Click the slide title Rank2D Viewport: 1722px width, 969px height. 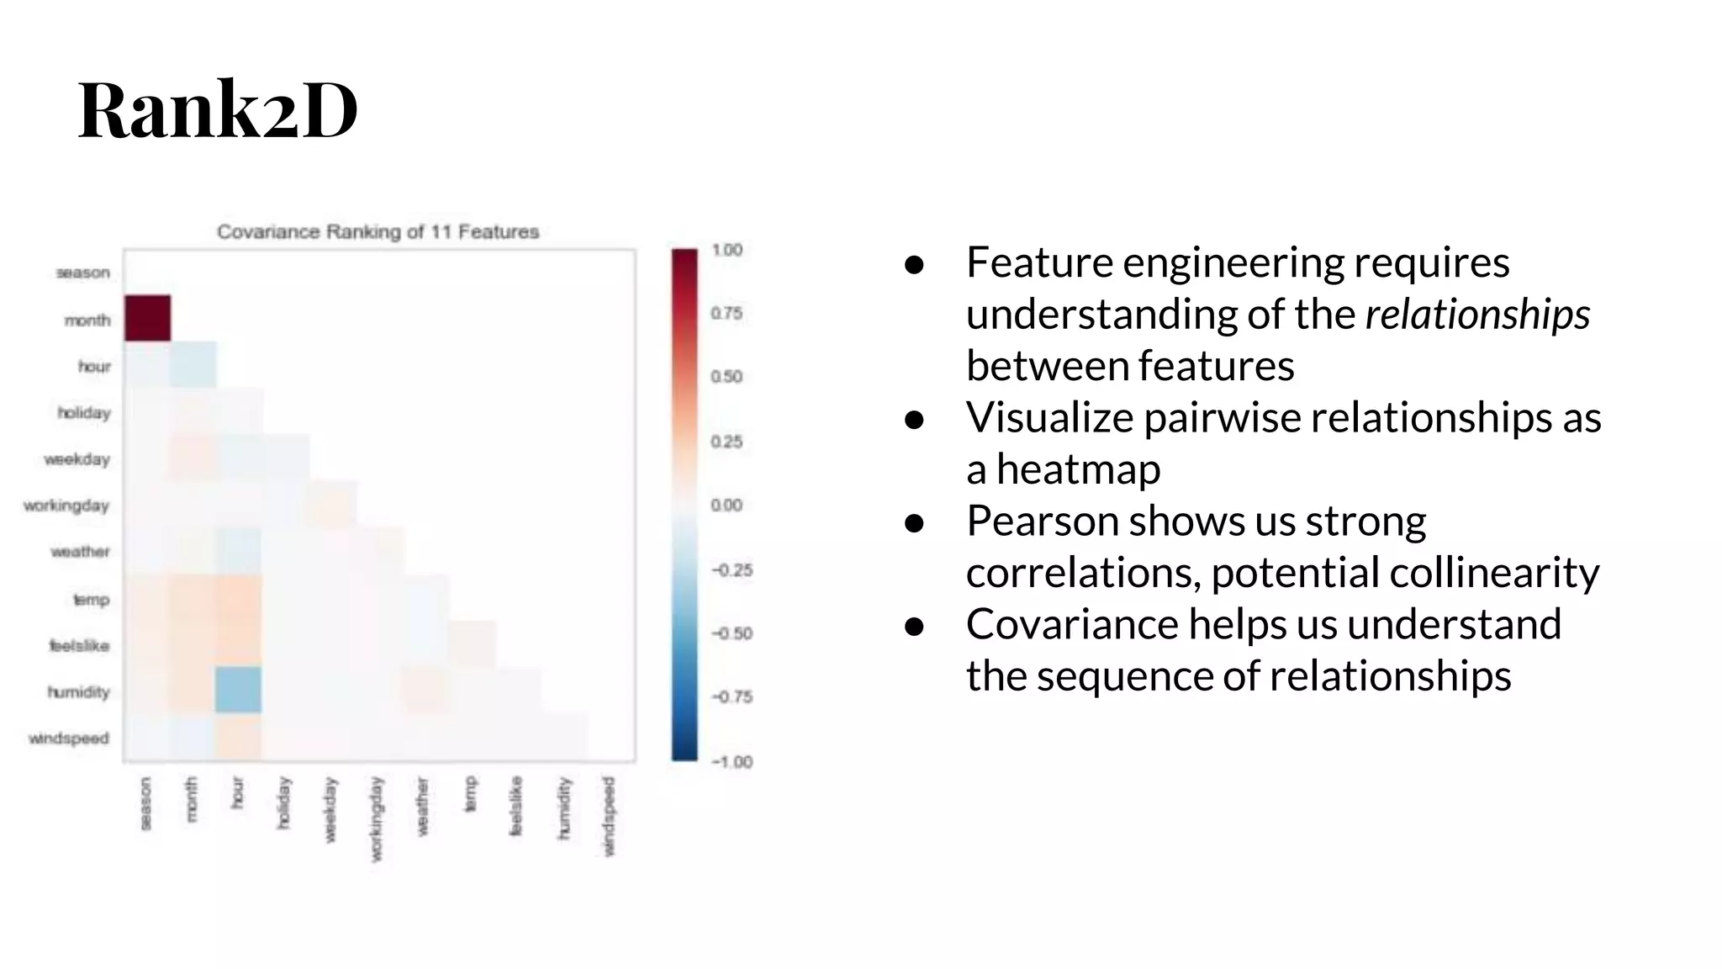pyautogui.click(x=218, y=110)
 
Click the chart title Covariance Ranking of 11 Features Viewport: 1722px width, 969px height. pyautogui.click(x=378, y=232)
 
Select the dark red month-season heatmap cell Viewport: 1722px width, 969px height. pyautogui.click(x=147, y=318)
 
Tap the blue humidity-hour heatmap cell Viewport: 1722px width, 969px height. pyautogui.click(x=238, y=690)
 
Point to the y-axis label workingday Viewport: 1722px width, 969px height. pyautogui.click(x=66, y=506)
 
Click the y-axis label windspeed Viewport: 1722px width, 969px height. pyautogui.click(x=69, y=739)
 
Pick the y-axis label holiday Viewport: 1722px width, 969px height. pyautogui.click(x=83, y=413)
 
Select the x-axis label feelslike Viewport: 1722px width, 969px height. pyautogui.click(x=515, y=806)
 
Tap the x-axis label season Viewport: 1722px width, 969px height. pyautogui.click(x=145, y=803)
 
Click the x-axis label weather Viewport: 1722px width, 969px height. pyautogui.click(x=422, y=806)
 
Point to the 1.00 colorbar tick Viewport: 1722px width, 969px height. pyautogui.click(x=726, y=250)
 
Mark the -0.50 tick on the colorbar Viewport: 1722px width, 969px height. pyautogui.click(x=732, y=633)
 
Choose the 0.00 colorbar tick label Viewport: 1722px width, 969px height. pyautogui.click(x=726, y=505)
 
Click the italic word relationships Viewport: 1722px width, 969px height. pyautogui.click(x=1477, y=315)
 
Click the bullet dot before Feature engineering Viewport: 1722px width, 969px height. pyautogui.click(x=915, y=264)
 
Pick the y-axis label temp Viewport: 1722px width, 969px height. pyautogui.click(x=91, y=600)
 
